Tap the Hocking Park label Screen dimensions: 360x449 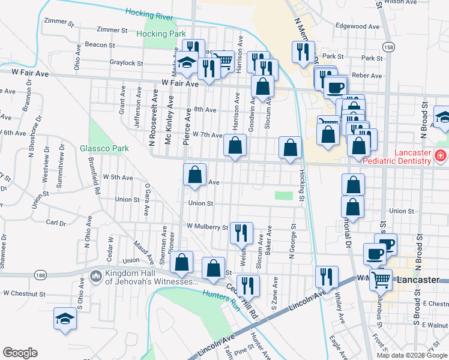click(x=160, y=34)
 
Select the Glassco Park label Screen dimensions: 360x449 click(x=105, y=148)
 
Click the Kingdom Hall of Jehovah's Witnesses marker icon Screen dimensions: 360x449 click(x=95, y=276)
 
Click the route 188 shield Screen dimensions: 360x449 click(x=40, y=275)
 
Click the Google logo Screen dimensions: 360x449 click(x=20, y=353)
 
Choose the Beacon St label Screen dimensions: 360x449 click(x=100, y=45)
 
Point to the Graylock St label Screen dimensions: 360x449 click(x=126, y=62)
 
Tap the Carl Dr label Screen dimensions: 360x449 click(x=56, y=223)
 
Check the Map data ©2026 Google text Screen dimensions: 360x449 click(x=412, y=355)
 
